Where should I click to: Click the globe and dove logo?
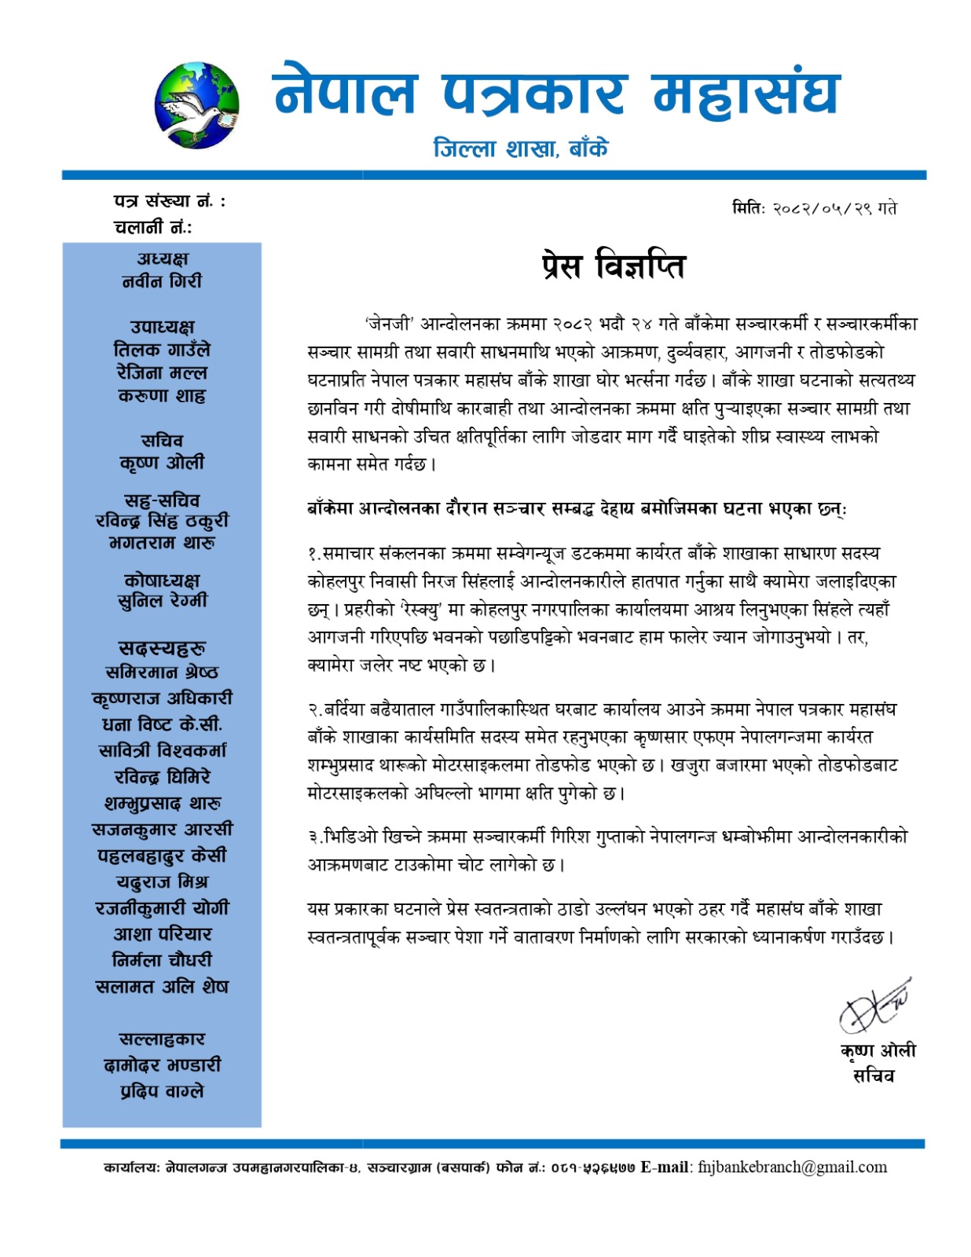pos(196,105)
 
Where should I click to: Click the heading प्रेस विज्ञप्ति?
pos(613,266)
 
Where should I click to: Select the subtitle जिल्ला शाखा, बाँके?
pos(521,148)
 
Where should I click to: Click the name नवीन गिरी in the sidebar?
pos(162,281)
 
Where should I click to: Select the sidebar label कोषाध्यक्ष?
pos(162,580)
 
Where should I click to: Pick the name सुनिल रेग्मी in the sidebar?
pos(162,601)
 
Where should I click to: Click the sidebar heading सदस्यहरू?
pos(162,648)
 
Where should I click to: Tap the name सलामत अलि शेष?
pos(162,987)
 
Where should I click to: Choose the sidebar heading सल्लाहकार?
pos(162,1039)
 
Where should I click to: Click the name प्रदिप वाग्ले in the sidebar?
pos(162,1091)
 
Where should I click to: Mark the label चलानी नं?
pos(152,228)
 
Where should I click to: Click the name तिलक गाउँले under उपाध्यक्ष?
pos(162,350)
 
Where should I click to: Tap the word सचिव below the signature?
pos(874,1076)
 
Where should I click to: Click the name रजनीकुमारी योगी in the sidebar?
pos(162,908)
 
